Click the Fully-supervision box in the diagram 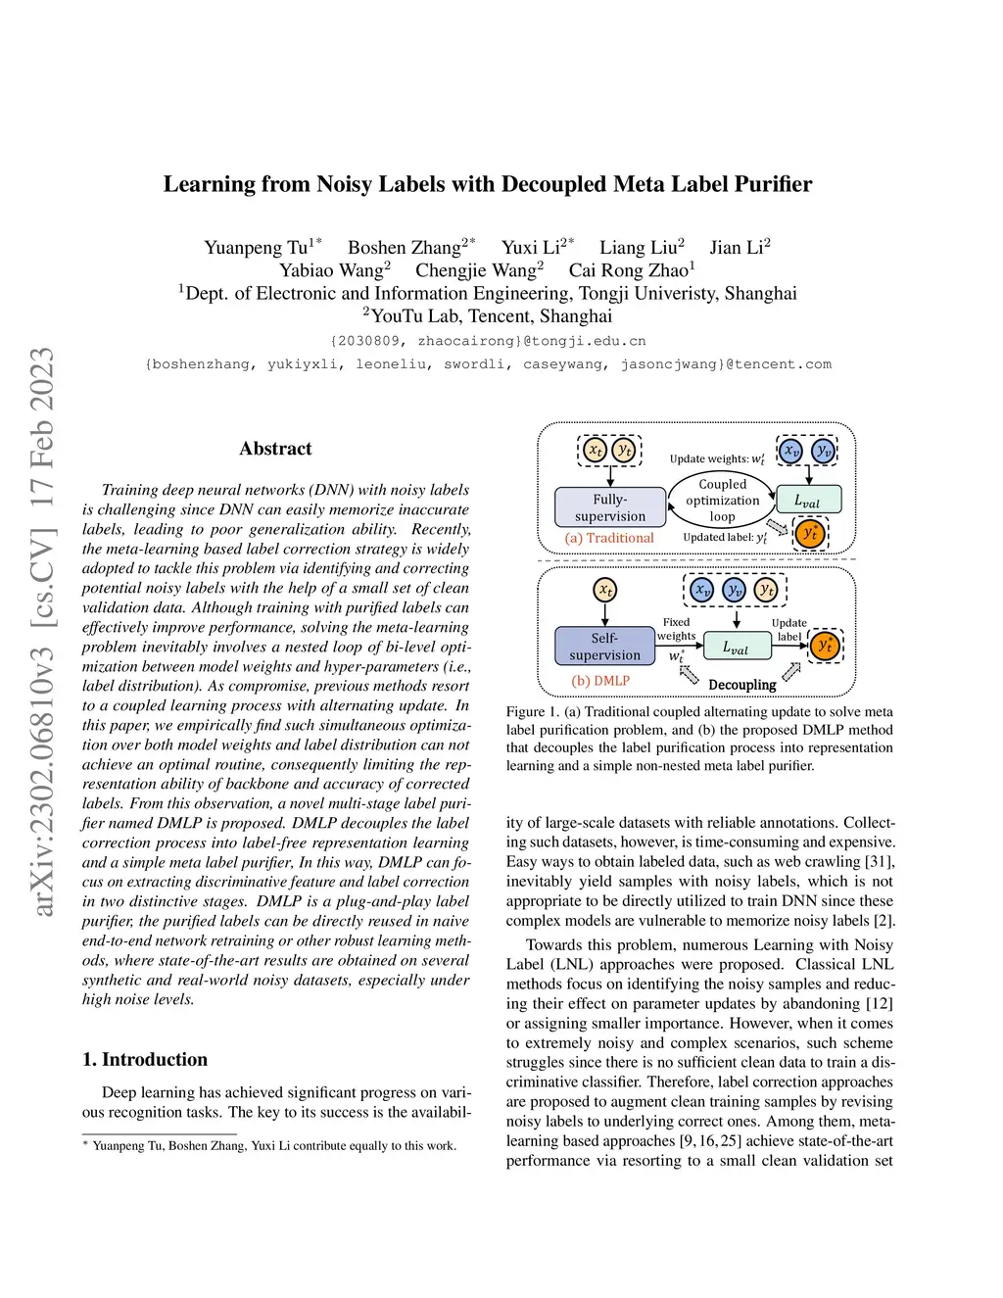click(x=610, y=507)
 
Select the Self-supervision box click(x=604, y=647)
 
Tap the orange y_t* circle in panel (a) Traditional click(x=810, y=534)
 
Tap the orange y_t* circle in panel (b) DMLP click(x=825, y=646)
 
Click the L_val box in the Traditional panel click(x=808, y=501)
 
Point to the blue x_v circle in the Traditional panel click(x=790, y=451)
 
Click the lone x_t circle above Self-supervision click(x=605, y=590)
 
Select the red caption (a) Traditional click(x=609, y=538)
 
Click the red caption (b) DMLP click(x=600, y=680)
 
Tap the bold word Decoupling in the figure click(x=741, y=685)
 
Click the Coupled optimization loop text click(x=722, y=500)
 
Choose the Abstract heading click(x=275, y=449)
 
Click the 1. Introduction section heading click(x=145, y=1059)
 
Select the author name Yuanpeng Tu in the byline click(x=256, y=248)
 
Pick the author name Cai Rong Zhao click(x=629, y=270)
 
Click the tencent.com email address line click(x=488, y=364)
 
